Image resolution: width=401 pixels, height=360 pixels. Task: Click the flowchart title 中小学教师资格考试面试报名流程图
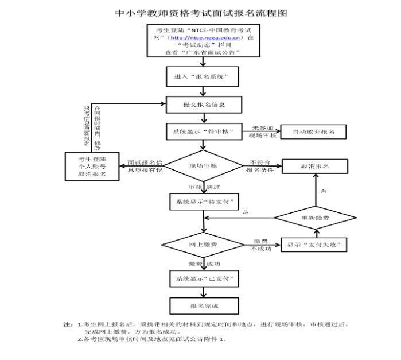click(x=200, y=12)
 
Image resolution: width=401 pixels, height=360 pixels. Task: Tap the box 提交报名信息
click(x=203, y=104)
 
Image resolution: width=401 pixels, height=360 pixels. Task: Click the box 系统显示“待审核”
click(x=203, y=131)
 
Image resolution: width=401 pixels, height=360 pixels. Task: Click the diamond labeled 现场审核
click(x=203, y=166)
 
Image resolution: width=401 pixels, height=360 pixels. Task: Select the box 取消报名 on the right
click(x=314, y=166)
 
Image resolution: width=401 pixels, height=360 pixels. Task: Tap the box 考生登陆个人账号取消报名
click(x=92, y=167)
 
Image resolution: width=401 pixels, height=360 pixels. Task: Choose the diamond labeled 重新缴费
click(x=314, y=218)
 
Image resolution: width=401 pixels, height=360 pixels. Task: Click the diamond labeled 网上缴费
click(x=203, y=245)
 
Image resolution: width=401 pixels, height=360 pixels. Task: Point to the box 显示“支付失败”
click(x=314, y=245)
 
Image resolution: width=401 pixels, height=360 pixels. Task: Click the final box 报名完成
click(x=203, y=305)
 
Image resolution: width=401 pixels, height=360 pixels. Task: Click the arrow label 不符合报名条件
click(x=261, y=166)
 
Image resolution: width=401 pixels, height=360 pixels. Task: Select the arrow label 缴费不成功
click(x=261, y=245)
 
